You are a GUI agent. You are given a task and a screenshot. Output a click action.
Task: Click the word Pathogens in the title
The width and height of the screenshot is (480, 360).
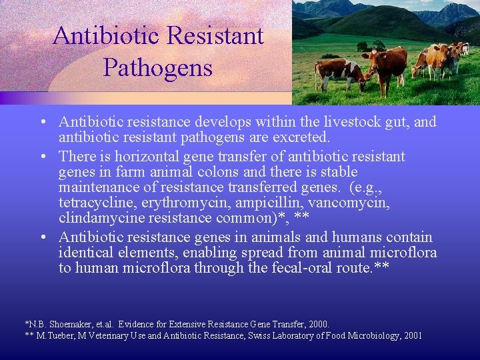158,67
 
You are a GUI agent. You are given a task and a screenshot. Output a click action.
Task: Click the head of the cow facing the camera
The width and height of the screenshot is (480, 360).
371,59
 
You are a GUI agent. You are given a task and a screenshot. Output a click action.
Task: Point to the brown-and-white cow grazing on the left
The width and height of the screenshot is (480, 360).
337,71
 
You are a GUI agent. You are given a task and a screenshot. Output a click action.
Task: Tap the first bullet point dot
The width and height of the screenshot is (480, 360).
42,123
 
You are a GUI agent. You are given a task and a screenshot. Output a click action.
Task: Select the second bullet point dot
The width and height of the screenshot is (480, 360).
42,157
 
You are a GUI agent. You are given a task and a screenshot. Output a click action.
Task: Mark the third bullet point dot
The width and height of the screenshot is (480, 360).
42,238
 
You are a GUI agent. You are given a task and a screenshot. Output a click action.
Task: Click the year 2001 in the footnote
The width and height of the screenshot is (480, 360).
409,335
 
